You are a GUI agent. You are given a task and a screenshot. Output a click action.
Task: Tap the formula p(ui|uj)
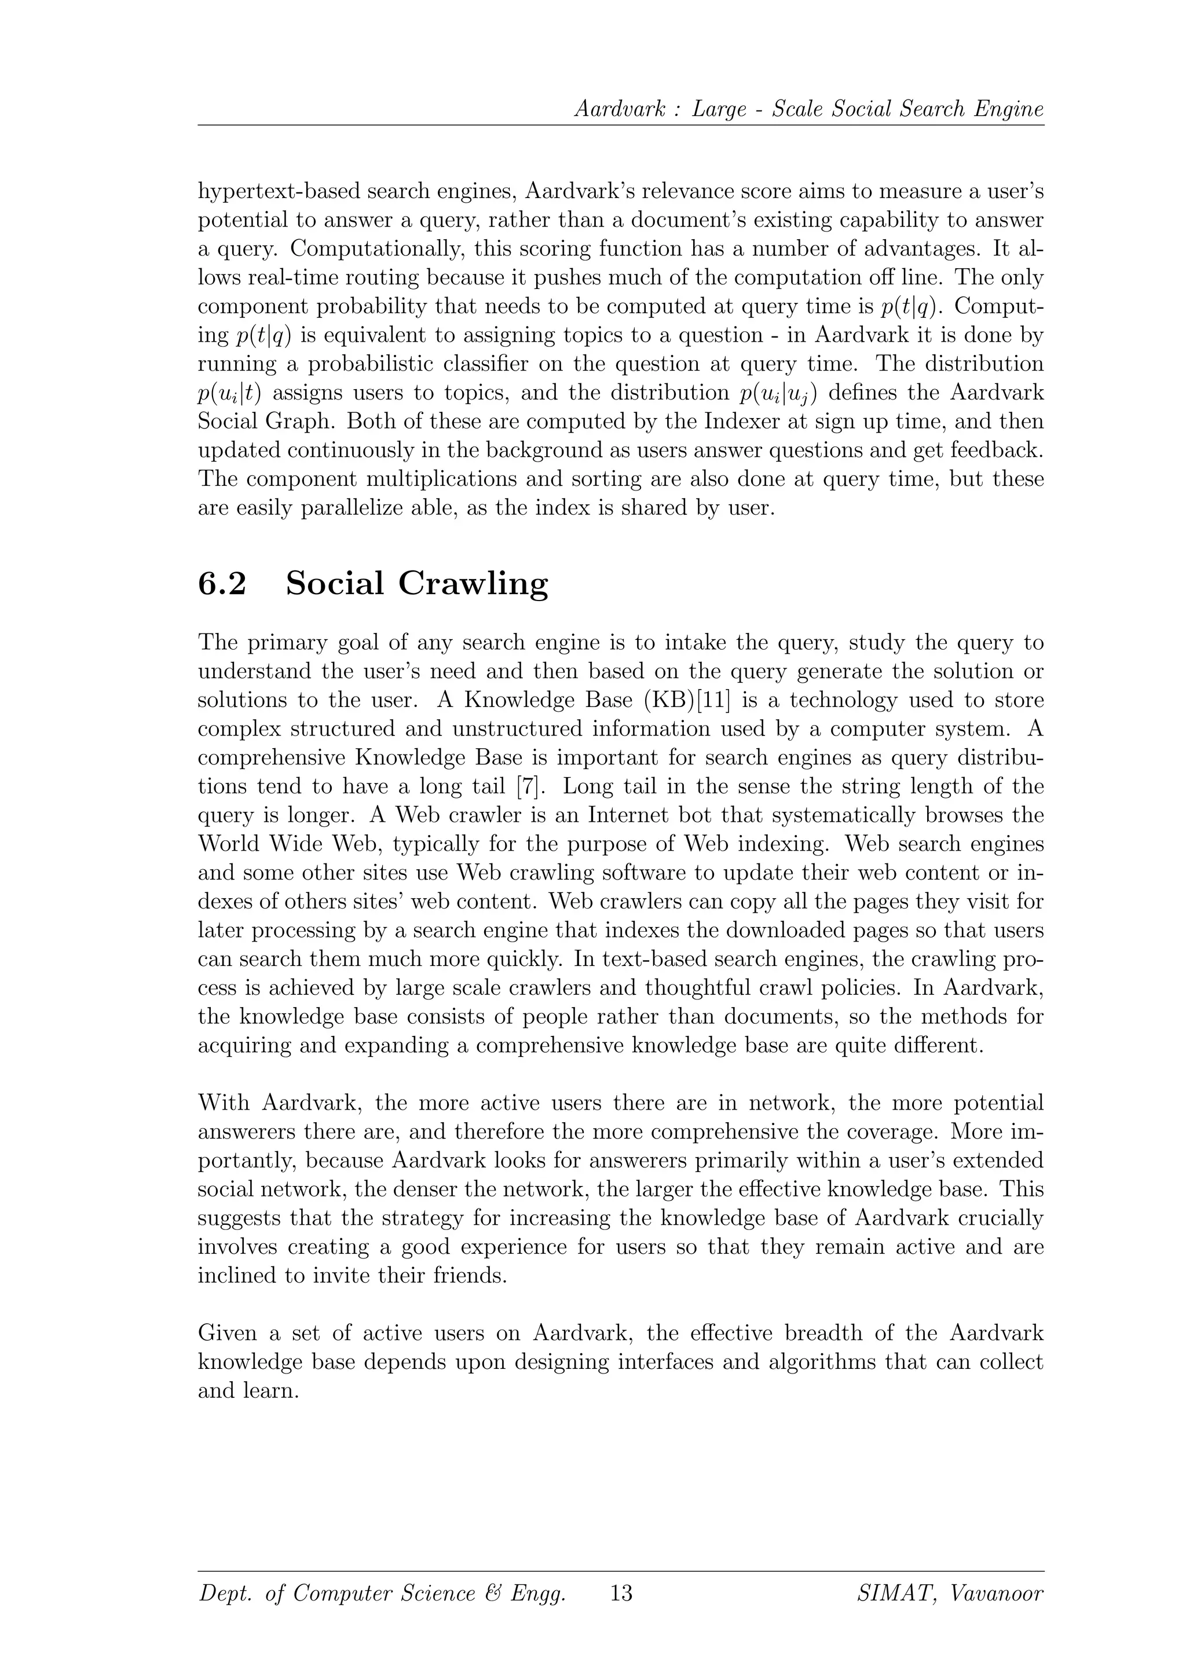point(778,394)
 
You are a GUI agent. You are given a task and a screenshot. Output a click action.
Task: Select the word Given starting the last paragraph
point(227,1334)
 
